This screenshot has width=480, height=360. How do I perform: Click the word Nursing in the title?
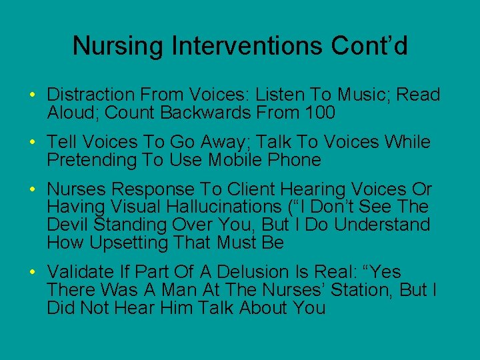pos(117,46)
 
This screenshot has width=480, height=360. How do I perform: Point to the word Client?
pos(245,190)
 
